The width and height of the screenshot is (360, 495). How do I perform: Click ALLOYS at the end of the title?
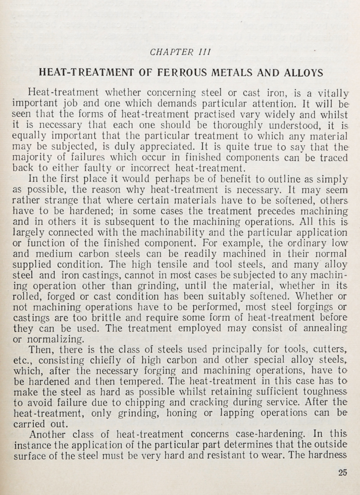tap(303, 73)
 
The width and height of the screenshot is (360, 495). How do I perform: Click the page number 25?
tap(342, 472)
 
